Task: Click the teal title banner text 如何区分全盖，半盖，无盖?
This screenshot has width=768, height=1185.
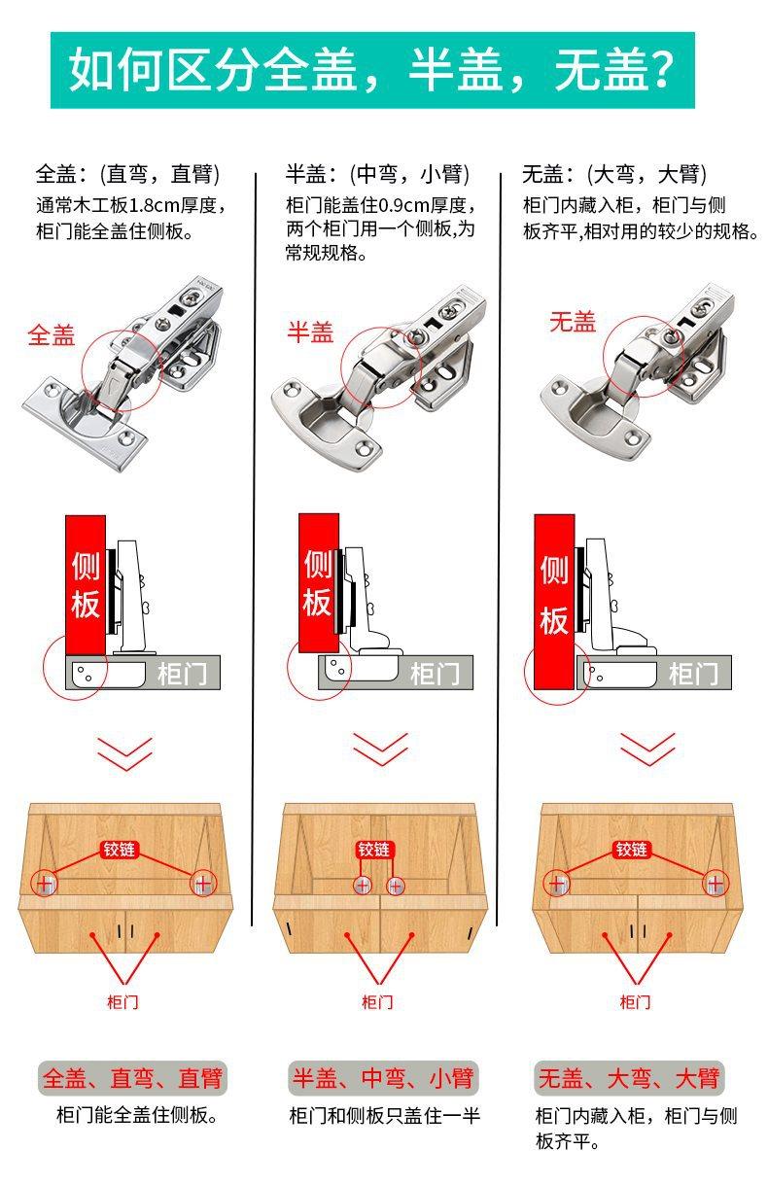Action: pyautogui.click(x=372, y=70)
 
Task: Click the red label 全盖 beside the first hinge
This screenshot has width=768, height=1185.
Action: pyautogui.click(x=51, y=335)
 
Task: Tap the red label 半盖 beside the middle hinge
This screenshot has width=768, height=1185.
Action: pyautogui.click(x=310, y=332)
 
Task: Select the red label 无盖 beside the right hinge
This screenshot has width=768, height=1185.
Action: pyautogui.click(x=572, y=322)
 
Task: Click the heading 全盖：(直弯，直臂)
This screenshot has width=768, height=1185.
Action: pyautogui.click(x=127, y=175)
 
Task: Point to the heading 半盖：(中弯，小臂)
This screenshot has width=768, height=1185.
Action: pyautogui.click(x=377, y=175)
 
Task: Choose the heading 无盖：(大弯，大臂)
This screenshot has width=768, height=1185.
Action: pyautogui.click(x=614, y=175)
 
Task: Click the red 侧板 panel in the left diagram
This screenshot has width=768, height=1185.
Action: pyautogui.click(x=86, y=586)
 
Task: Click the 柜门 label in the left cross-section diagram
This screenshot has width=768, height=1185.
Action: pyautogui.click(x=183, y=673)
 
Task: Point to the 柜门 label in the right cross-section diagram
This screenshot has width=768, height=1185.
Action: pyautogui.click(x=693, y=673)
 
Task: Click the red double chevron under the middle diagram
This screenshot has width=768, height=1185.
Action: pyautogui.click(x=379, y=750)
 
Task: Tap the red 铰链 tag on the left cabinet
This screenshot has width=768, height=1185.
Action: pyautogui.click(x=122, y=850)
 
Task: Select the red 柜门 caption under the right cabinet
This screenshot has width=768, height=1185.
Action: pyautogui.click(x=635, y=1001)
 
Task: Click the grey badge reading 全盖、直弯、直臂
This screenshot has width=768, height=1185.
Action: pyautogui.click(x=132, y=1078)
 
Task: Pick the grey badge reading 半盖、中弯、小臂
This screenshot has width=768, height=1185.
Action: pyautogui.click(x=383, y=1078)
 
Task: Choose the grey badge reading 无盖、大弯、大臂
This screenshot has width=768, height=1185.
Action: pyautogui.click(x=630, y=1078)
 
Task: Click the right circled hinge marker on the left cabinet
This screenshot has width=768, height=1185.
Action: pyautogui.click(x=202, y=884)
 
